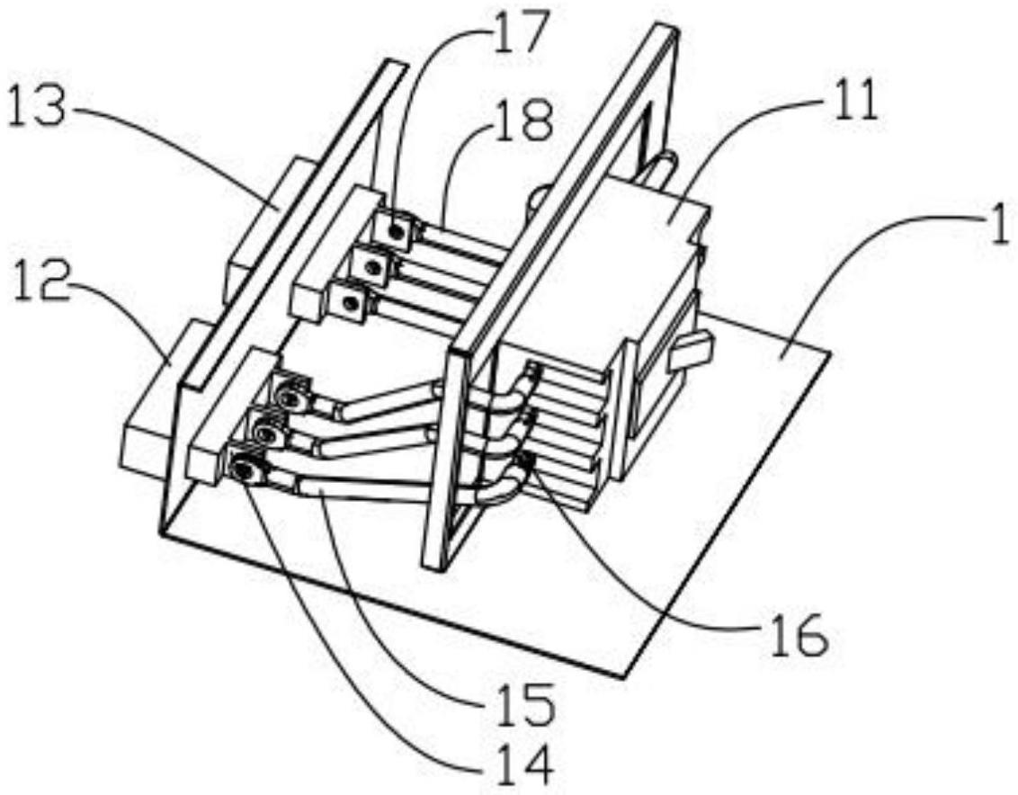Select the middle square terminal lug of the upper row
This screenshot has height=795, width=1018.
(368, 264)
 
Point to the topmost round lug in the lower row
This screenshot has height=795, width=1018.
(290, 395)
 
